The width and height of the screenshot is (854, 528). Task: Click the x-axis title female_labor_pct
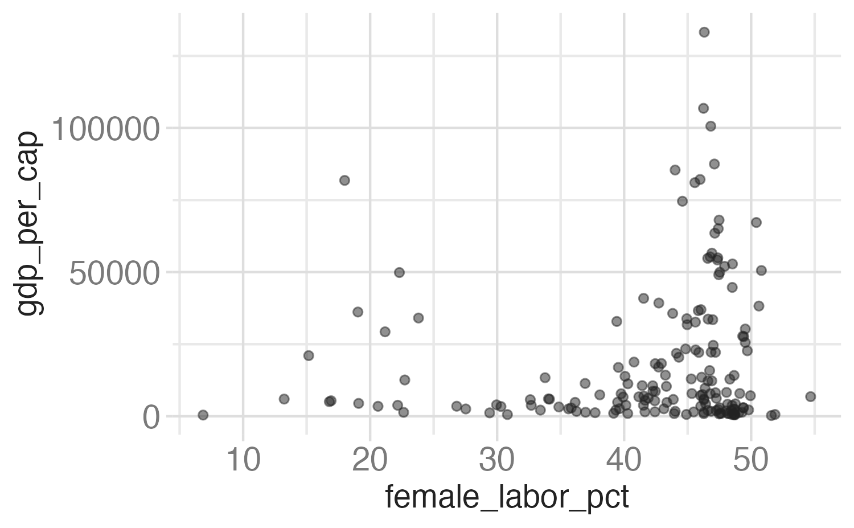tap(507, 498)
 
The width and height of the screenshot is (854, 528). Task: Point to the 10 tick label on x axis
tap(244, 460)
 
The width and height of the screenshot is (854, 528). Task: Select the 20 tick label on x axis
tap(370, 460)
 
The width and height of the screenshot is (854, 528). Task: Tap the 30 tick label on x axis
tap(497, 460)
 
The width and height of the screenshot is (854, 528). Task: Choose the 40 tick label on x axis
tap(624, 460)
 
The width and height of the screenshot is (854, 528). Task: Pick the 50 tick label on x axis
tap(750, 460)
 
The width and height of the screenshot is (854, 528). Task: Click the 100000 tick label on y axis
tap(105, 129)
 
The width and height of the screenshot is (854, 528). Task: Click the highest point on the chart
tap(704, 32)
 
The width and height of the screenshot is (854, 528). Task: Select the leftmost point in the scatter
tap(203, 415)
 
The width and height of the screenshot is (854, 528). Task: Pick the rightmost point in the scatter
tap(811, 396)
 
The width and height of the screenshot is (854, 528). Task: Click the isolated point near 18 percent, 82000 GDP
tap(344, 180)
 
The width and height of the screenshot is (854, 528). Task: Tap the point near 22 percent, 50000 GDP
tap(399, 272)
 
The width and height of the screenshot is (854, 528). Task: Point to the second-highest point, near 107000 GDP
tap(704, 108)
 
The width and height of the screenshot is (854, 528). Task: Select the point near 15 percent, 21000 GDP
tap(309, 355)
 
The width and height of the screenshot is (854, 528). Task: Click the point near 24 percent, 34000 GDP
tap(418, 318)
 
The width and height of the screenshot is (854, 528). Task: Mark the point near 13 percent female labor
tap(284, 399)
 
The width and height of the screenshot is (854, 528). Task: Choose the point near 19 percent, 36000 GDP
tap(358, 312)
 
